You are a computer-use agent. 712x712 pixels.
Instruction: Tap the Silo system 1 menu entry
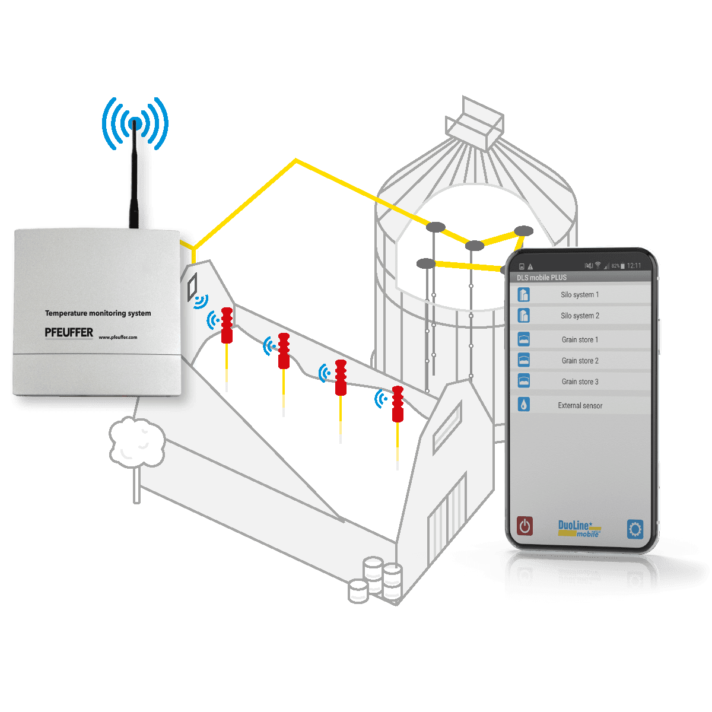(x=580, y=295)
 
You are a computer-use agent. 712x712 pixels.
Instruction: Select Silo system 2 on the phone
(x=580, y=316)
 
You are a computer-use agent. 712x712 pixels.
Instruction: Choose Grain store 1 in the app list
(x=580, y=340)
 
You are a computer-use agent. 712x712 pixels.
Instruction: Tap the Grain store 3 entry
(x=580, y=382)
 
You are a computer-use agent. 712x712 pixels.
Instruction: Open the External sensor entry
(x=580, y=406)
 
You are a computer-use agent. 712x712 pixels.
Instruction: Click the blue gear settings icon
(x=635, y=529)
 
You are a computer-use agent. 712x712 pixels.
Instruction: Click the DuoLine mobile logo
(x=579, y=528)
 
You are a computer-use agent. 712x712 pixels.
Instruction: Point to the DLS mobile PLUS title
(x=542, y=278)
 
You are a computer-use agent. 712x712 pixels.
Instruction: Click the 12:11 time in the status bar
(x=634, y=266)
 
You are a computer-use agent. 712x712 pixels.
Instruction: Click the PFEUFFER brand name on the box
(x=69, y=333)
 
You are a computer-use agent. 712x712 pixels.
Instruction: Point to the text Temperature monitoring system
(x=98, y=313)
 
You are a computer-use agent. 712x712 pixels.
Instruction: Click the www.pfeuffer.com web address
(x=117, y=338)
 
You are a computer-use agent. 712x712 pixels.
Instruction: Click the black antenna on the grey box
(x=138, y=178)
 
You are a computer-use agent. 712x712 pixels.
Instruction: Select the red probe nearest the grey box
(x=227, y=325)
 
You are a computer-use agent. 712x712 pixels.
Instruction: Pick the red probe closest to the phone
(x=398, y=404)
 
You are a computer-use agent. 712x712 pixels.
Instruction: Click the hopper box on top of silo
(x=475, y=125)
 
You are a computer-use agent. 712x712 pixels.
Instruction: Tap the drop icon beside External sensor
(x=523, y=405)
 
